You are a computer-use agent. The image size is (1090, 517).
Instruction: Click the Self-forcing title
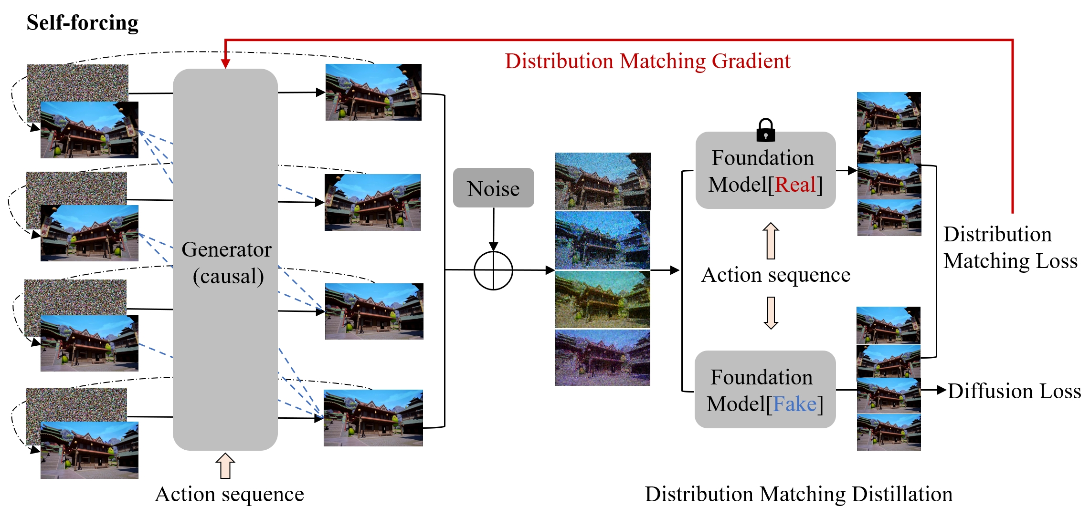click(82, 22)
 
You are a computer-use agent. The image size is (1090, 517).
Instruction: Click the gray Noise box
click(493, 188)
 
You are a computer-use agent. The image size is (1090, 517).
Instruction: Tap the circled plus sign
click(493, 270)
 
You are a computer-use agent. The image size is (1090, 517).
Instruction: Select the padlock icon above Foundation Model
click(765, 130)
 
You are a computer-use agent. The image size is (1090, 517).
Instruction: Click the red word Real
click(795, 185)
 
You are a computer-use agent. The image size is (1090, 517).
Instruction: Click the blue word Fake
click(794, 404)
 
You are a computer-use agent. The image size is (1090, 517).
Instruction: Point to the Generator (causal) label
click(227, 262)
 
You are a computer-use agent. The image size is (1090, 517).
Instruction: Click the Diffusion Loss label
click(1014, 391)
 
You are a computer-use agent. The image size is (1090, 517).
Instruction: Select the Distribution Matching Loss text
click(1010, 248)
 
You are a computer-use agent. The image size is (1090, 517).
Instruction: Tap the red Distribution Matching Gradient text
click(647, 61)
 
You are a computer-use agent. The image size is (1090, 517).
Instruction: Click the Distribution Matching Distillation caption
click(798, 494)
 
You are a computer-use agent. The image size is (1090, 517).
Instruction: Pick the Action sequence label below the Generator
click(229, 494)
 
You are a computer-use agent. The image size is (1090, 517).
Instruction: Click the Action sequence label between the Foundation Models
click(775, 275)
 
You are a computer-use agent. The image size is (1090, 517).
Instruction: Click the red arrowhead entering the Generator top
click(225, 64)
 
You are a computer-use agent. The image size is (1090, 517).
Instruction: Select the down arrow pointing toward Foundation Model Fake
click(771, 313)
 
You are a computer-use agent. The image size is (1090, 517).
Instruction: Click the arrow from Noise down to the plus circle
click(493, 229)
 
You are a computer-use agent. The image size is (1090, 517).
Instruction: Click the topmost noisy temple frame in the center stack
click(603, 181)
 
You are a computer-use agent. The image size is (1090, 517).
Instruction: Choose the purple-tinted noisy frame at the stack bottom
click(603, 358)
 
